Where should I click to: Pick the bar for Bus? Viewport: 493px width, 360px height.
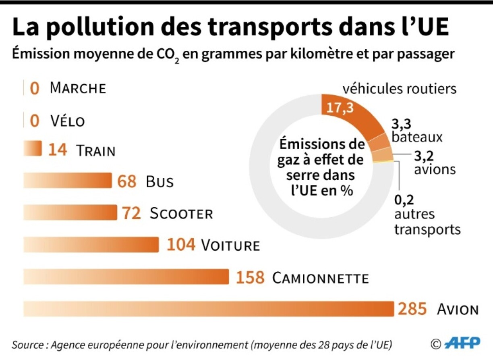point(68,181)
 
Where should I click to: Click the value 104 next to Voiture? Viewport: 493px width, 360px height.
point(181,245)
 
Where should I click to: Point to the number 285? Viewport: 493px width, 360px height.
point(412,309)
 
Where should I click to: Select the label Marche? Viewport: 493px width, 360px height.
point(78,88)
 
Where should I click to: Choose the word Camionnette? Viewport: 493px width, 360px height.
point(320,278)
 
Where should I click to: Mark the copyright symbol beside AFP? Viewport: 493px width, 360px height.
point(435,344)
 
